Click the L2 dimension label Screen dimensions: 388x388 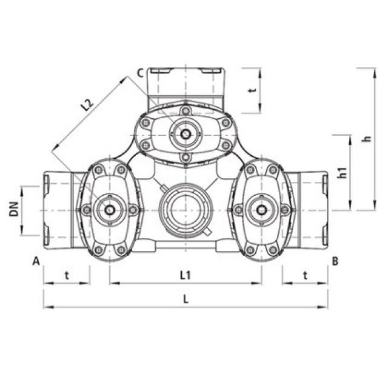pyautogui.click(x=87, y=105)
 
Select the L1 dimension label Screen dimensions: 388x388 pyautogui.click(x=186, y=275)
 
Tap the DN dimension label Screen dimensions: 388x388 pyautogui.click(x=14, y=209)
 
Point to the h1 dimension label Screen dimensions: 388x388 pyautogui.click(x=343, y=173)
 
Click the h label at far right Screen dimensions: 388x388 pyautogui.click(x=368, y=139)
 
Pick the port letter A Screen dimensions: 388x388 pyautogui.click(x=36, y=261)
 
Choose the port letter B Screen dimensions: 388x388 pyautogui.click(x=335, y=261)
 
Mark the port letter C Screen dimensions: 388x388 pyautogui.click(x=140, y=73)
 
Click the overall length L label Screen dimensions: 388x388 pyautogui.click(x=186, y=299)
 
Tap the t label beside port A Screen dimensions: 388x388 pyautogui.click(x=67, y=275)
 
